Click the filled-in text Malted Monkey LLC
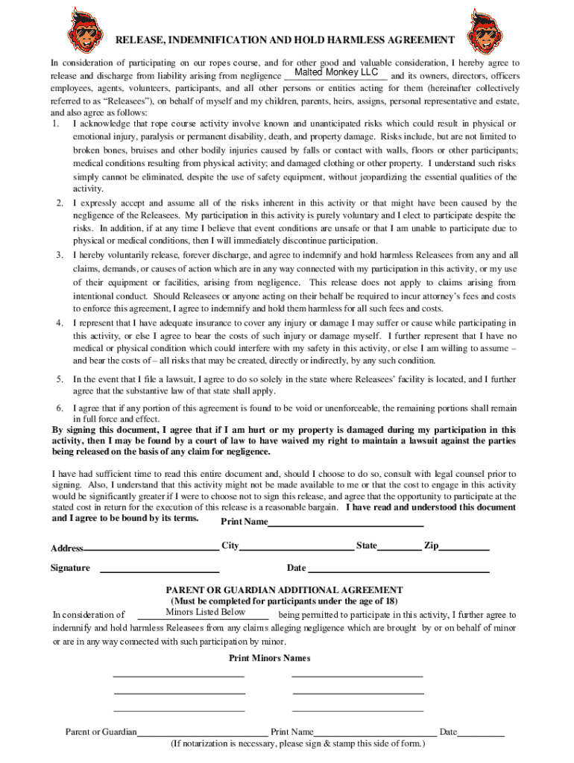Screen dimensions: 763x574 (x=336, y=72)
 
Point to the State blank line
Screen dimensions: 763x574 (x=400, y=546)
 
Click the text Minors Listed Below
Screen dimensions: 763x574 (x=205, y=612)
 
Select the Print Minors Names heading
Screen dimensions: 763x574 (x=269, y=658)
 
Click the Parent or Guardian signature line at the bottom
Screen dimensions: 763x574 (x=202, y=732)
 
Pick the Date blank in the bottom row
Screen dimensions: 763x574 (x=481, y=732)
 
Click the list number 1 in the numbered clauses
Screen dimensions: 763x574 (x=57, y=123)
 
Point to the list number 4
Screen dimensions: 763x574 (x=59, y=323)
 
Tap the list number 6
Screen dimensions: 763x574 (x=59, y=408)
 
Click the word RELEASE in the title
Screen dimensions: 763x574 (x=142, y=39)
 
